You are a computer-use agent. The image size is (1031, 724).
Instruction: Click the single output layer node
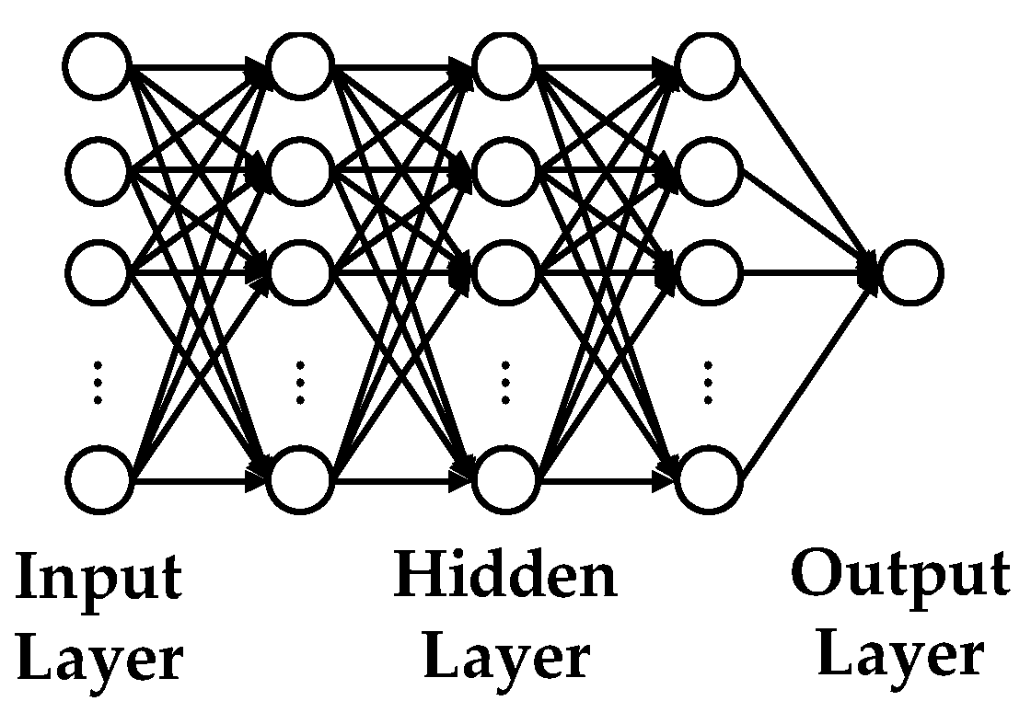(909, 272)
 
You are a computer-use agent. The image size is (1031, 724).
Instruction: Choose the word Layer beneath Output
(900, 657)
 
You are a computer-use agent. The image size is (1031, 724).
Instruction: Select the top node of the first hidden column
(299, 67)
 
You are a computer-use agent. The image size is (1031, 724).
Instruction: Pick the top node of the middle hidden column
(504, 67)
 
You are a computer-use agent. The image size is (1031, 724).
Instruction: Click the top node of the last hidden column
(708, 67)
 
